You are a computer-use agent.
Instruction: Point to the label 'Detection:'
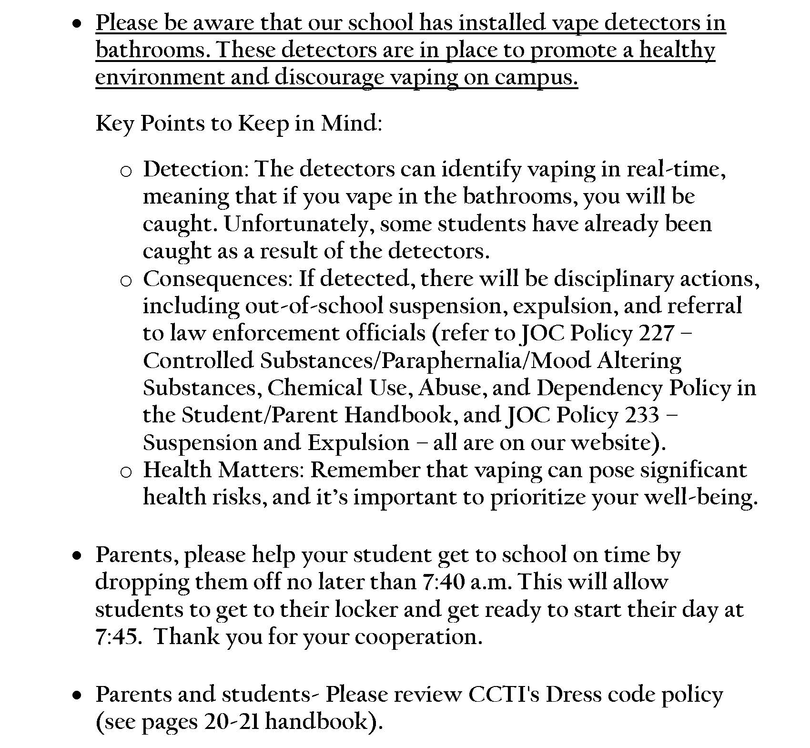click(196, 169)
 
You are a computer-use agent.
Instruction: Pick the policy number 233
click(642, 415)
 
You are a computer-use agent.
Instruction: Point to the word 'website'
click(614, 443)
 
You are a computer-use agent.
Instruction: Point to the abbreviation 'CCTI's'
click(504, 695)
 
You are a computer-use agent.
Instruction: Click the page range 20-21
click(232, 722)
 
